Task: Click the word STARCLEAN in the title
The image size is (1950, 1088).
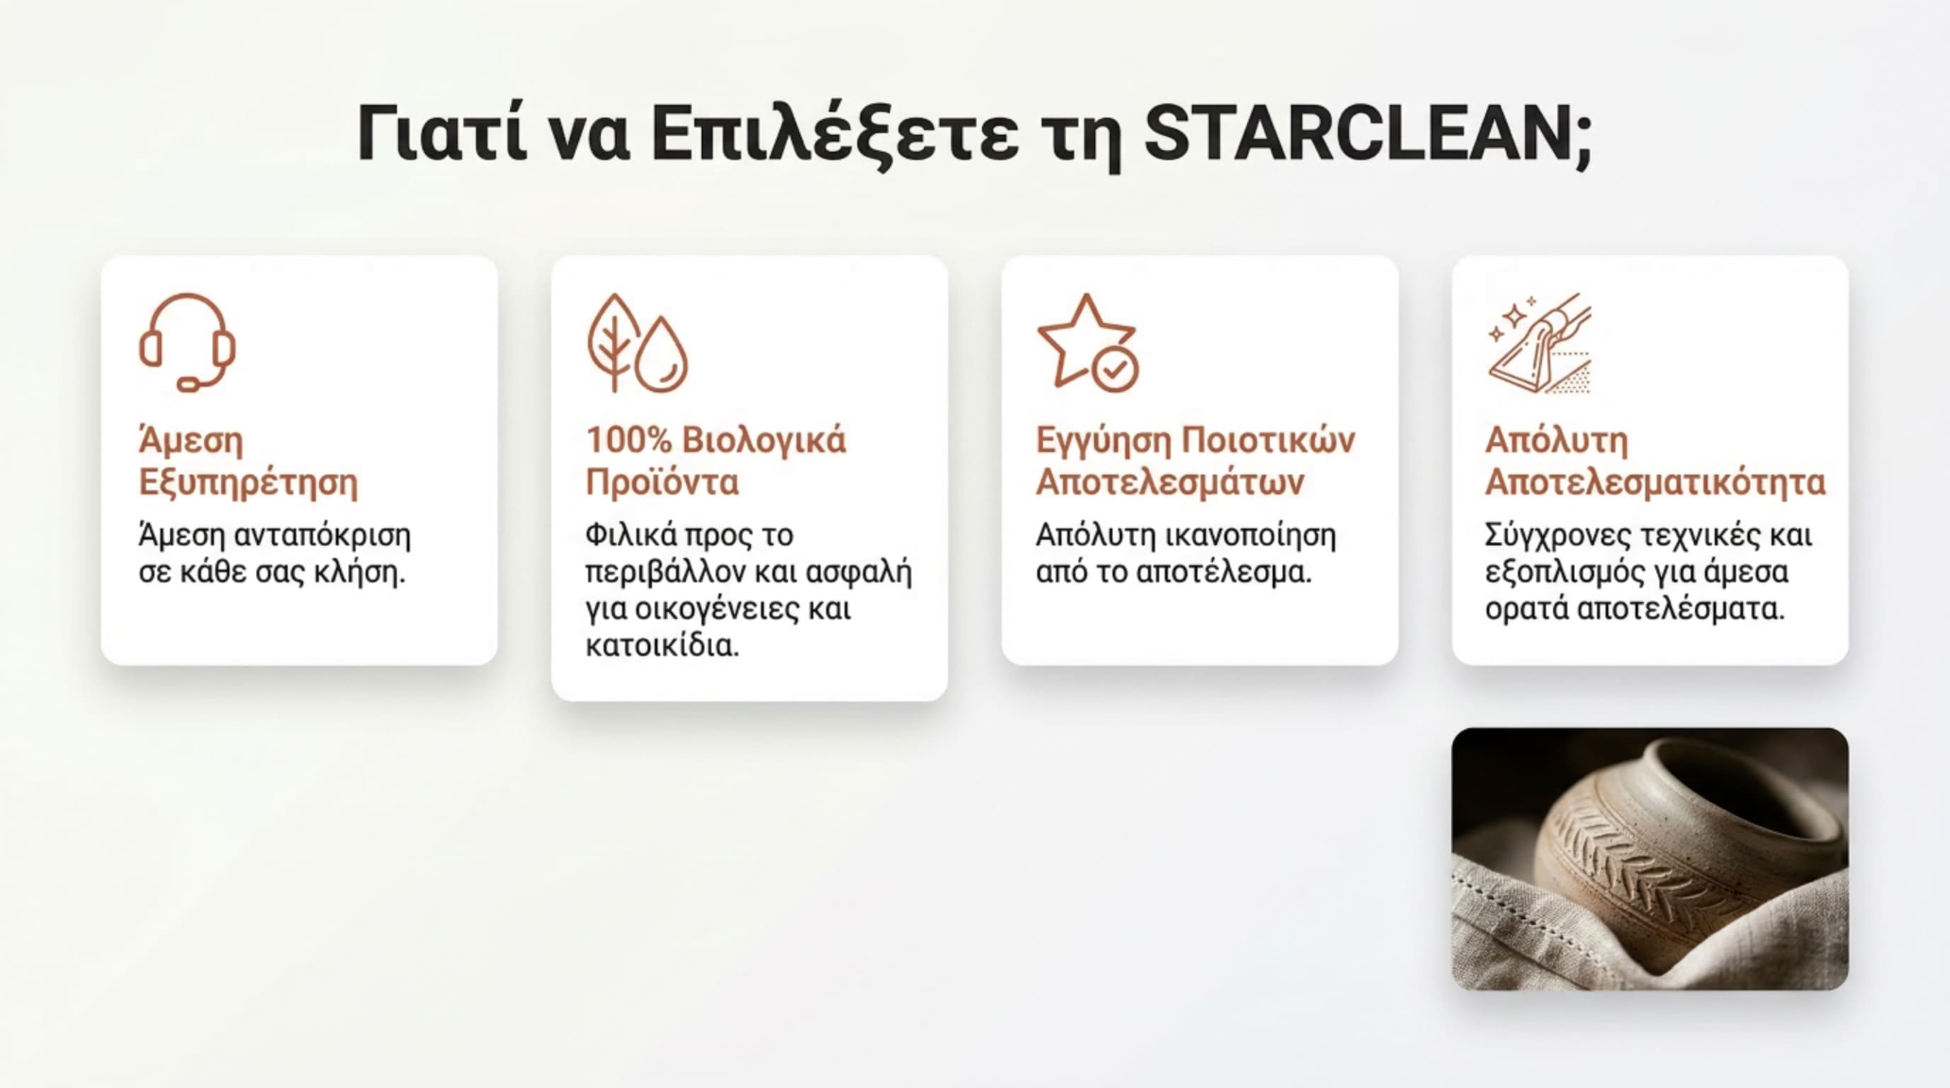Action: pos(1359,135)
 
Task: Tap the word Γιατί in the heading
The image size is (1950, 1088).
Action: pos(441,135)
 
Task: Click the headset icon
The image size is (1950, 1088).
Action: pos(187,342)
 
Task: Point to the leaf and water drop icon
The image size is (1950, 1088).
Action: pos(638,343)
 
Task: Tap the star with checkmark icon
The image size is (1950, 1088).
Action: pos(1087,343)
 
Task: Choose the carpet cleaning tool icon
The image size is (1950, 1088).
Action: pos(1540,343)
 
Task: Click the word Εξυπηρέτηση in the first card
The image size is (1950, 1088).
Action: pos(248,482)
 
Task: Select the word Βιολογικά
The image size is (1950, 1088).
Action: pos(764,441)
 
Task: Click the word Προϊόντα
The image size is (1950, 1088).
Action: pos(663,482)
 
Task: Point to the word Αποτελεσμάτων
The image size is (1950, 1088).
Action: pos(1170,482)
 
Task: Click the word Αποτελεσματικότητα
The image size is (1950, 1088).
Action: pos(1655,482)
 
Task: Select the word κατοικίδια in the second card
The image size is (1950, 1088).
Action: pos(662,645)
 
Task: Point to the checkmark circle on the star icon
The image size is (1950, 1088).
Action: pos(1115,369)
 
